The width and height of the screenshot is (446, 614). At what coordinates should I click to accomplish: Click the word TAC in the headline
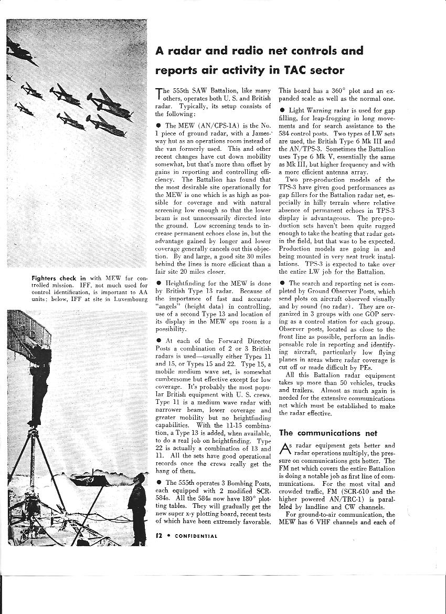295,70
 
